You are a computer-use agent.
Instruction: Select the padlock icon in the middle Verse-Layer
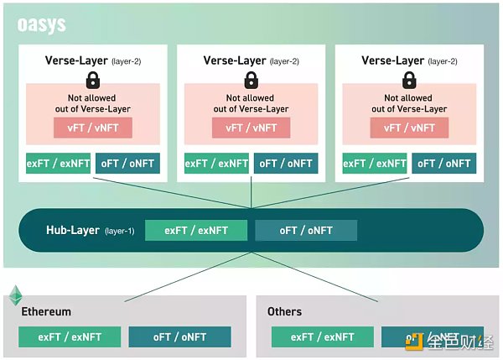pos(251,81)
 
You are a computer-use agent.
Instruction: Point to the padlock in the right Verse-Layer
pos(408,81)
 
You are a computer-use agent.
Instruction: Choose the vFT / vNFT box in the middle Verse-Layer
pos(251,128)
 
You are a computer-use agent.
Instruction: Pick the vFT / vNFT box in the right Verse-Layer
pos(408,128)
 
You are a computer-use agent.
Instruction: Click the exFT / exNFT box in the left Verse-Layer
pos(57,164)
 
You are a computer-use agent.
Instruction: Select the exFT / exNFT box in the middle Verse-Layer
pos(215,164)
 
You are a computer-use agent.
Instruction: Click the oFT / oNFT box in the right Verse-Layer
pos(443,164)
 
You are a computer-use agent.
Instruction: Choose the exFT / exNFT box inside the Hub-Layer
pos(196,230)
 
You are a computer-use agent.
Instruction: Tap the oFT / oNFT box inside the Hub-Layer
pos(306,230)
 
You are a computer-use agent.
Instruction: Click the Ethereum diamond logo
pos(15,295)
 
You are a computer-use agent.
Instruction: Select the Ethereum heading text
pos(46,311)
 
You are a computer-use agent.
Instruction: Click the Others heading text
pos(284,311)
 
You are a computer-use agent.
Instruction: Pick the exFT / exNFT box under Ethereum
pos(70,337)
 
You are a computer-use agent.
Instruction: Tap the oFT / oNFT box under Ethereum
pos(179,337)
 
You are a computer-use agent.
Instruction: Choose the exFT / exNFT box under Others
pos(323,337)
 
